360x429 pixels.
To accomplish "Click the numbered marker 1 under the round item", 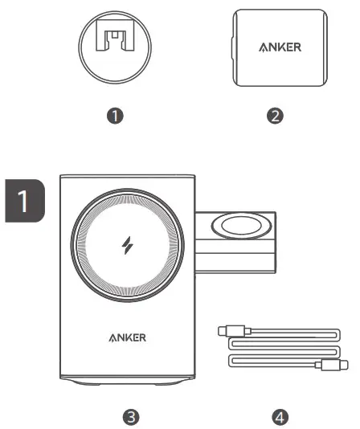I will pos(117,116).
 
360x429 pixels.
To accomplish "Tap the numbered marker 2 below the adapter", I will pos(275,116).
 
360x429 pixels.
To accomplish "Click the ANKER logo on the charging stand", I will pos(127,337).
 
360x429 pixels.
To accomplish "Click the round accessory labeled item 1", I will pos(117,44).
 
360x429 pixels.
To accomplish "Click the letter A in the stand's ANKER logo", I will pos(112,337).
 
